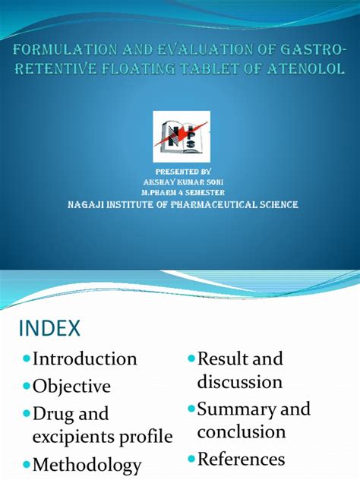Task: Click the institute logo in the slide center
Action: tap(182, 137)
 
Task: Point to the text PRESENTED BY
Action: tap(181, 172)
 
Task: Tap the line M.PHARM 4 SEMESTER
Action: tap(181, 193)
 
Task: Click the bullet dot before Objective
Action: tap(27, 387)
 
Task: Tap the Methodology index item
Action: tap(87, 465)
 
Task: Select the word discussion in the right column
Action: tap(239, 381)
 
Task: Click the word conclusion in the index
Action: tap(242, 431)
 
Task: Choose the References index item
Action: tap(241, 459)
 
